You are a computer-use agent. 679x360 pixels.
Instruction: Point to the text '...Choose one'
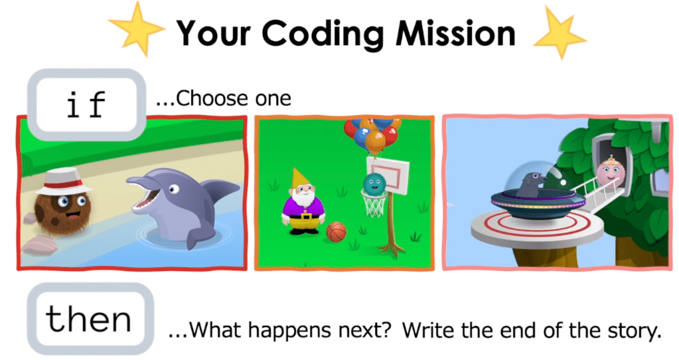tap(223, 99)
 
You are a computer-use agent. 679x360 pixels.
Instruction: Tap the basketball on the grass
tap(336, 231)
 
